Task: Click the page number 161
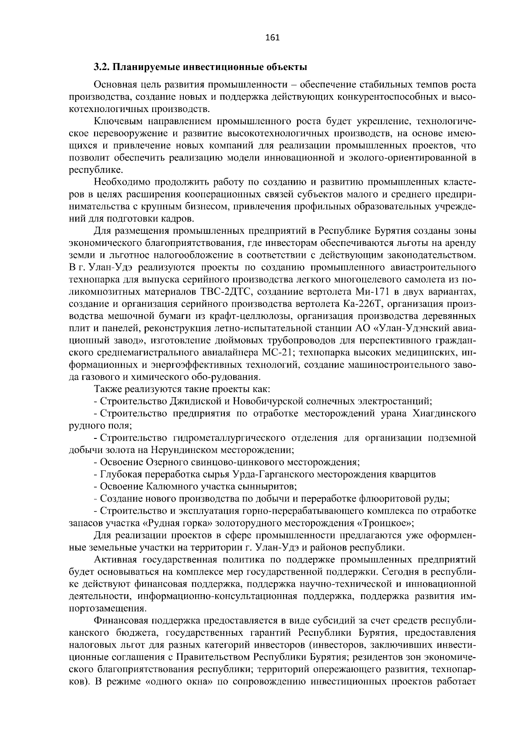(272, 38)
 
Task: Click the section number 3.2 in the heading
(100, 68)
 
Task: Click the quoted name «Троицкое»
(386, 523)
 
